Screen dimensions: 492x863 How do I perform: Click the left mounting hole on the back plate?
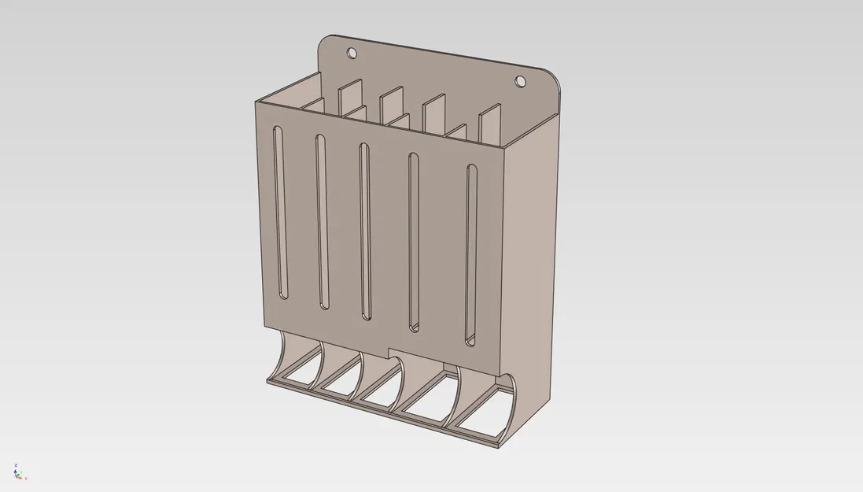[352, 54]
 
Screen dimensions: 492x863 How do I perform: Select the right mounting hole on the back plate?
[520, 80]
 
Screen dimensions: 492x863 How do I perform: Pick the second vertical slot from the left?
[321, 221]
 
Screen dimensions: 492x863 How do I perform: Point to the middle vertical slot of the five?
[364, 230]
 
